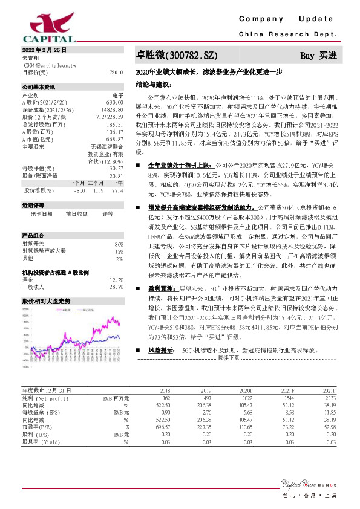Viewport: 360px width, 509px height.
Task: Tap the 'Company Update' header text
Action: pyautogui.click(x=282, y=19)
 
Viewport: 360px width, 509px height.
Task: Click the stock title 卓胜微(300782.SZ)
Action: pyautogui.click(x=176, y=56)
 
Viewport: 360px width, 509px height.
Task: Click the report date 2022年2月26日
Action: pyautogui.click(x=44, y=50)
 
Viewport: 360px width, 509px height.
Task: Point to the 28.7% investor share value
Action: pyautogui.click(x=116, y=287)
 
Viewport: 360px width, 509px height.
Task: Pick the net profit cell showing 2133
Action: pyautogui.click(x=329, y=398)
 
